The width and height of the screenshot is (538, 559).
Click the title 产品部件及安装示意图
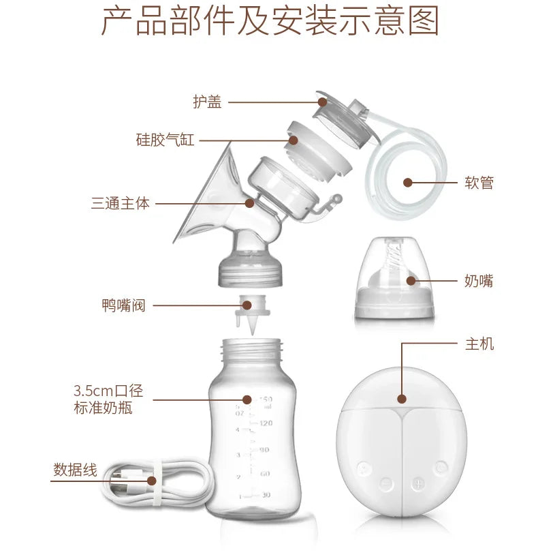point(270,22)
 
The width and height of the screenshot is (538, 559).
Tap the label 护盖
point(207,102)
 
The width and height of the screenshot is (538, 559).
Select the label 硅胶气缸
point(165,140)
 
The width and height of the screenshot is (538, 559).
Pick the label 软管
point(479,183)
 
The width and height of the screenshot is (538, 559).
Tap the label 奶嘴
point(479,280)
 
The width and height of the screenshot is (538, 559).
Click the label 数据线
point(75,470)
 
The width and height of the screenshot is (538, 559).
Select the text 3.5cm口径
point(108,391)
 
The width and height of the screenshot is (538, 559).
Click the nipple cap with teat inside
point(394,280)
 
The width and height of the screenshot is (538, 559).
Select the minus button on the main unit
point(386,483)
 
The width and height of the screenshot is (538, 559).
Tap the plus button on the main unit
point(417,483)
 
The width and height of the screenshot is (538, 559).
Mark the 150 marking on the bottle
point(265,399)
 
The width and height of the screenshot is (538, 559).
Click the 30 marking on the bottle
point(265,496)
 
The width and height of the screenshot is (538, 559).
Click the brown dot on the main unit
point(402,399)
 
